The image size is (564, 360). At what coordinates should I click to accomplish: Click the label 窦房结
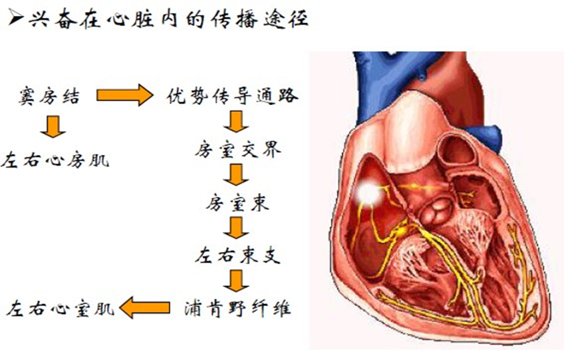tap(50, 97)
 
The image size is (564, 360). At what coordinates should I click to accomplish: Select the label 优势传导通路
tap(232, 97)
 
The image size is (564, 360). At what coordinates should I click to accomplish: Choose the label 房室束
tap(237, 203)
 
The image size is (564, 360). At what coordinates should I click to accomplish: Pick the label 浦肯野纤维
tap(237, 309)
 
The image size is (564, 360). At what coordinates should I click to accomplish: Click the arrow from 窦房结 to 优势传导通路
tap(124, 96)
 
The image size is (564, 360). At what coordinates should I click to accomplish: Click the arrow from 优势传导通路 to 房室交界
tap(235, 122)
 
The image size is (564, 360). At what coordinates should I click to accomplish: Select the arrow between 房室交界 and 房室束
tap(235, 175)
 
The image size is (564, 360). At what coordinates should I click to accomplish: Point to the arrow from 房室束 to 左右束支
tap(235, 228)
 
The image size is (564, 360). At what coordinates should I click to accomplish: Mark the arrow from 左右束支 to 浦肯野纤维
tap(235, 280)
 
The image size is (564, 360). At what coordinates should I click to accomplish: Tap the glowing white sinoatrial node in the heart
tap(367, 193)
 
